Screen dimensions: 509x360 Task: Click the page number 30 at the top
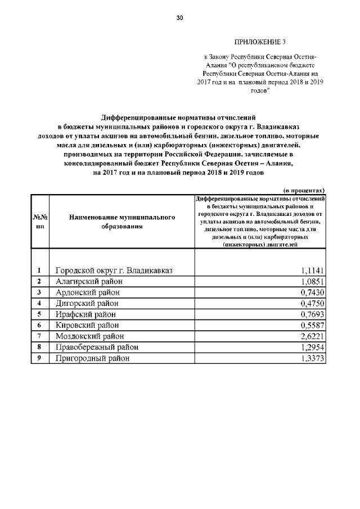pos(179,18)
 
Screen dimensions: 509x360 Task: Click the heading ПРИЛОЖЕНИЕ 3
pos(260,42)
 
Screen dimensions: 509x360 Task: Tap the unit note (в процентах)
pos(304,190)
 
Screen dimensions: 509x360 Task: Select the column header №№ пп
pos(40,221)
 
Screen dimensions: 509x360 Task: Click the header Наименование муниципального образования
pos(122,221)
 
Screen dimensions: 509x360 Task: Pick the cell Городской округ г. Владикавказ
pos(113,271)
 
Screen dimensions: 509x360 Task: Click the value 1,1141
pos(313,271)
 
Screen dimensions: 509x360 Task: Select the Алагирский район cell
pos(88,281)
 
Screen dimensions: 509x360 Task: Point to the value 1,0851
pos(313,281)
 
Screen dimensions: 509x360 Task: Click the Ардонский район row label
pos(87,292)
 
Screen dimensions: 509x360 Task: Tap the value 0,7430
pos(313,292)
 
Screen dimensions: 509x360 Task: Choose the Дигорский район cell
pos(88,303)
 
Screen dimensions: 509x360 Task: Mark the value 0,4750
pos(313,303)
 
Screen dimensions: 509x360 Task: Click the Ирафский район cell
pos(85,314)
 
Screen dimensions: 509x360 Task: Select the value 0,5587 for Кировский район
pos(313,325)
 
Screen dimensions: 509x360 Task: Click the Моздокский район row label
pos(90,336)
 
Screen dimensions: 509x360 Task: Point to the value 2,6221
pos(313,336)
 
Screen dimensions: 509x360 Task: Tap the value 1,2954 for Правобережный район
pos(313,347)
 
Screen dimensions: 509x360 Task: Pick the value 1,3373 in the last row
pos(313,358)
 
